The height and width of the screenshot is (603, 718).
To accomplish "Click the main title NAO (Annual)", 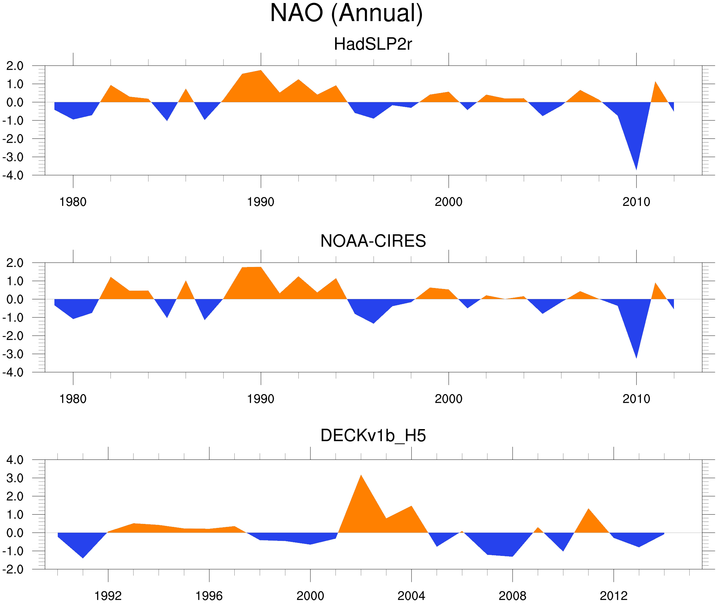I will tap(346, 14).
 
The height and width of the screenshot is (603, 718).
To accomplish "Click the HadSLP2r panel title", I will tap(373, 44).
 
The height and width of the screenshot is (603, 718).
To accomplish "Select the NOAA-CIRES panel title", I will tap(373, 241).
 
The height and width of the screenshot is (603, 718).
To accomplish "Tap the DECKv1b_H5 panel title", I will tap(373, 436).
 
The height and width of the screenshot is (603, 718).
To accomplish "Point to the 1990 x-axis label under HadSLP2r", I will tap(261, 202).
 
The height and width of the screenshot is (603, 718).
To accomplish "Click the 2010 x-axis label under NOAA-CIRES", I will tap(636, 399).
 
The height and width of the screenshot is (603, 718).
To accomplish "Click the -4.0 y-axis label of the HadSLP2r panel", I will tap(13, 176).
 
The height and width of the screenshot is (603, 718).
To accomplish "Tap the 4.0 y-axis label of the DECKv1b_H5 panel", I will tap(15, 460).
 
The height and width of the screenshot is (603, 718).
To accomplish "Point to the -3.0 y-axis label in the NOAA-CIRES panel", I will tap(13, 354).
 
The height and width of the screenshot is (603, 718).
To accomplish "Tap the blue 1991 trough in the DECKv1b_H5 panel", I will tap(83, 557).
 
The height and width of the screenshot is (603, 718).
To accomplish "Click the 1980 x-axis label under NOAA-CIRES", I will tap(73, 399).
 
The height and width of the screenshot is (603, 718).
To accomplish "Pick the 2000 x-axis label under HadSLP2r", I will tap(448, 202).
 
